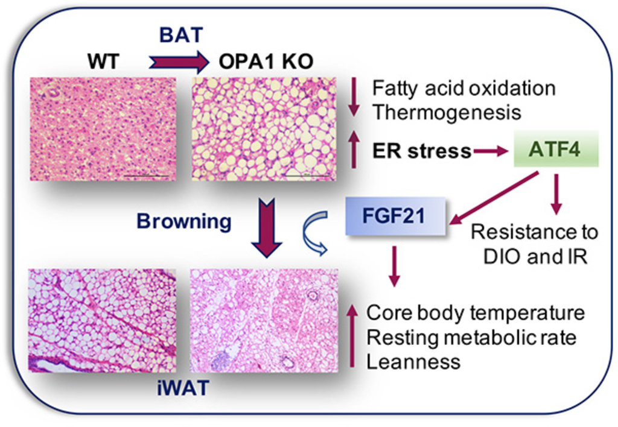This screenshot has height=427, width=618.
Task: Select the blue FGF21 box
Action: [x=395, y=217]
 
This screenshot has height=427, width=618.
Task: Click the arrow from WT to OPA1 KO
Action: [x=177, y=62]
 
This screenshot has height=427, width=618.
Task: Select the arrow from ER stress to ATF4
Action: [x=491, y=152]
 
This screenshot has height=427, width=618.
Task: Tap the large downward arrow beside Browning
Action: [x=266, y=229]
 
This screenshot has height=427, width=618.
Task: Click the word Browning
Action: [x=184, y=221]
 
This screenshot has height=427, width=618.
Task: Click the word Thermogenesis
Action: [x=446, y=112]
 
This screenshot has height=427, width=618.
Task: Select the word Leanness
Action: [x=413, y=362]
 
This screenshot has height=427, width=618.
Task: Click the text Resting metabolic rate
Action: [x=471, y=338]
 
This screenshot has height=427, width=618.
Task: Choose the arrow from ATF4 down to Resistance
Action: [x=556, y=193]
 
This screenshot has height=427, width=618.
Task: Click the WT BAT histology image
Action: [x=103, y=128]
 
